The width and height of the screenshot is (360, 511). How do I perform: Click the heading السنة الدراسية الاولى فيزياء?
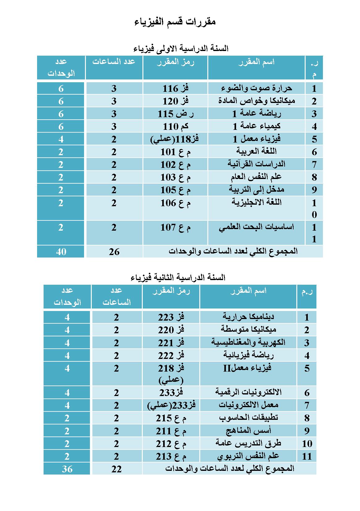tap(181, 48)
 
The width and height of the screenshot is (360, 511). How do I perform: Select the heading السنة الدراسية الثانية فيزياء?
tap(178, 277)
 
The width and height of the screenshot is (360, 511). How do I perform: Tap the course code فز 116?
tap(176, 89)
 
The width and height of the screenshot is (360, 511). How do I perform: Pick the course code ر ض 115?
tap(176, 114)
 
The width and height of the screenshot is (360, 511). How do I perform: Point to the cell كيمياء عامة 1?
tap(256, 126)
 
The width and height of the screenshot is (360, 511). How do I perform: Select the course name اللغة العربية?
tap(256, 151)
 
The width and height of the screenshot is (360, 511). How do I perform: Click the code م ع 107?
tap(176, 228)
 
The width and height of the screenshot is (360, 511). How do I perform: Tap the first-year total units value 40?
tap(61, 252)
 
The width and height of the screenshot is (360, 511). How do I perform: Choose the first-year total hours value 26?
tap(114, 252)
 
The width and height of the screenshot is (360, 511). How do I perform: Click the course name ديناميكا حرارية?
tap(248, 317)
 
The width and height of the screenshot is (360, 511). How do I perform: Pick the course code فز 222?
tap(171, 356)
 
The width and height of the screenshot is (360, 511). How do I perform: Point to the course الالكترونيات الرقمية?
tap(248, 392)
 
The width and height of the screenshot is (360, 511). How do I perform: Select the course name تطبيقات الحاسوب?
tap(248, 418)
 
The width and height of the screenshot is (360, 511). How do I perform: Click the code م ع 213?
tap(171, 456)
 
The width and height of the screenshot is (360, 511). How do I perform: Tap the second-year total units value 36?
tap(67, 469)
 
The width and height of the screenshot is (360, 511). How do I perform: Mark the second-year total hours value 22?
tap(116, 469)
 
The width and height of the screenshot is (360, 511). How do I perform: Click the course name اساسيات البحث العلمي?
tap(256, 227)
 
